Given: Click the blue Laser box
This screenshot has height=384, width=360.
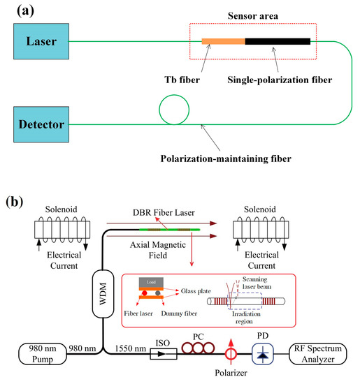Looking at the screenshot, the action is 41,41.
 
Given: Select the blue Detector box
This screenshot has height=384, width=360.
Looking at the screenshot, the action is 41,124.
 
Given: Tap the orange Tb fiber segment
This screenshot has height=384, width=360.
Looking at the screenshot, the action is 224,41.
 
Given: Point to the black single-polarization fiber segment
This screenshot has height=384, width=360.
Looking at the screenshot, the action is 278,41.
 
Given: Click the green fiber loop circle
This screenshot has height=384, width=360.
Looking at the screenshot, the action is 174,95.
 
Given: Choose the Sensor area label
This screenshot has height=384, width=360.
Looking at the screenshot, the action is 253,16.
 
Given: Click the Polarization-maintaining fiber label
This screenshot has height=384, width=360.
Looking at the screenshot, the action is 226,158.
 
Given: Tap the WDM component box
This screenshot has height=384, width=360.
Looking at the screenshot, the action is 103,294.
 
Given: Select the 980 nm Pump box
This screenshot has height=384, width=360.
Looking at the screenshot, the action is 43,354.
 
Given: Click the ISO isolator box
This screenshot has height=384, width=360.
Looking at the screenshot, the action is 164,354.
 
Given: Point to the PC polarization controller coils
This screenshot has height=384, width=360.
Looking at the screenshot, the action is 198,348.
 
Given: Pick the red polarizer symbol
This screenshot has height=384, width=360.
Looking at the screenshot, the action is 231,352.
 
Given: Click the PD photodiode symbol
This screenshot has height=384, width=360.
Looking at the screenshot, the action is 263,354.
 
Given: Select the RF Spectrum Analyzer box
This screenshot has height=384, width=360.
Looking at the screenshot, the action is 318,354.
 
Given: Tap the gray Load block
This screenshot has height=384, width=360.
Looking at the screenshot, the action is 151,282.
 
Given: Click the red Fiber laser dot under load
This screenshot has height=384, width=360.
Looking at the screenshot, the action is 145,293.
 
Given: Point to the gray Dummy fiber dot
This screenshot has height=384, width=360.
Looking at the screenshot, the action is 158,293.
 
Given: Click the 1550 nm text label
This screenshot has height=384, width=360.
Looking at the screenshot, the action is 131,348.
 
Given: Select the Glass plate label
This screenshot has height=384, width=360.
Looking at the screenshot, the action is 196,291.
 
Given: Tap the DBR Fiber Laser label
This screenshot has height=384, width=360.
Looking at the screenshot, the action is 164,212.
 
